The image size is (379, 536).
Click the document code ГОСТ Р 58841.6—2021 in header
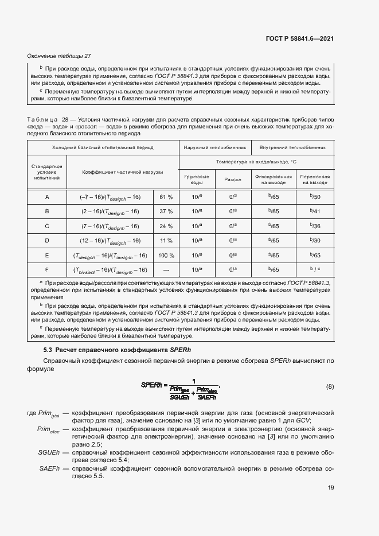click(x=300, y=38)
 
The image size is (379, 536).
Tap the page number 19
click(x=331, y=488)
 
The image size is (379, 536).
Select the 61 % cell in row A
click(x=166, y=197)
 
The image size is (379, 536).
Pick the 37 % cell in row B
click(x=166, y=212)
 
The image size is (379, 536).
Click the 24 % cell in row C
click(x=166, y=226)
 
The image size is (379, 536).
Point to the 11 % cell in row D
click(x=166, y=241)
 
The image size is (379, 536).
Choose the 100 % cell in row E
click(x=166, y=255)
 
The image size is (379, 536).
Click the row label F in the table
click(x=47, y=269)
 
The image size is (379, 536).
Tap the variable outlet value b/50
click(x=315, y=197)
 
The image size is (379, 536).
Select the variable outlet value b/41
click(x=315, y=212)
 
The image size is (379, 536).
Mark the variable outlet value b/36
click(x=315, y=226)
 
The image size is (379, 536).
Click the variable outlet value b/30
click(x=315, y=241)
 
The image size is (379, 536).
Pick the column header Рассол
click(x=233, y=179)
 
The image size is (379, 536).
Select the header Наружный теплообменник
click(x=214, y=147)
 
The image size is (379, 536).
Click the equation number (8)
click(x=330, y=386)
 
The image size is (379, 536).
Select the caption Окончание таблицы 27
click(x=60, y=56)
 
